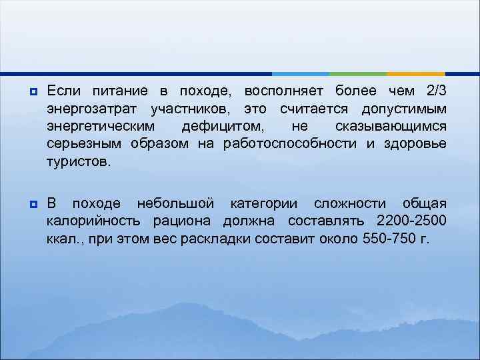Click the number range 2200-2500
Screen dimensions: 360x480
(x=411, y=221)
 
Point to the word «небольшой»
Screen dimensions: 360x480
(x=175, y=203)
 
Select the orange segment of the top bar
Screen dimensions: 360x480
(x=416, y=73)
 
